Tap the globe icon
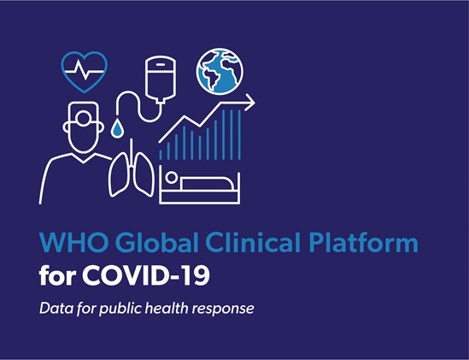[220, 71]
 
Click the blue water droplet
[117, 128]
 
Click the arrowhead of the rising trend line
[250, 102]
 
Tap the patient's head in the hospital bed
[171, 177]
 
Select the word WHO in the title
[73, 242]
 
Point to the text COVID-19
[146, 275]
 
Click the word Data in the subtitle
[56, 308]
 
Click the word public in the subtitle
[120, 309]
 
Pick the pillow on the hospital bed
[207, 183]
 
